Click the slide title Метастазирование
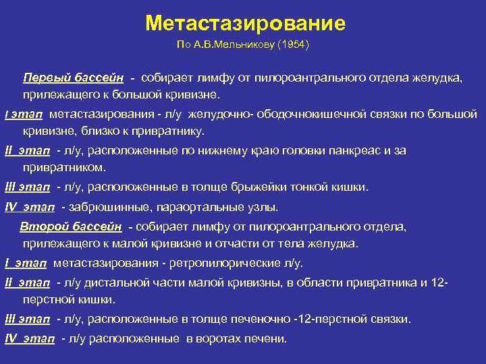point(245,24)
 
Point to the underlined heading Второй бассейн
point(71,226)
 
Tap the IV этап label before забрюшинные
point(30,207)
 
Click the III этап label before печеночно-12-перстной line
point(28,318)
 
